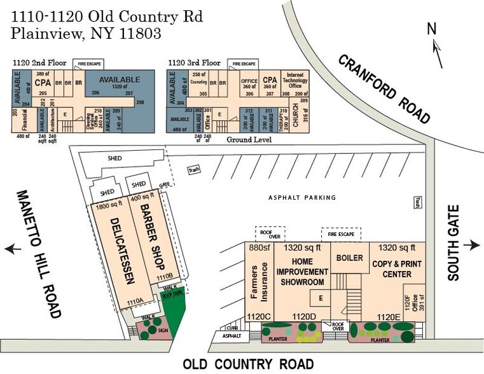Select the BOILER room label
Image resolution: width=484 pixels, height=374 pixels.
(x=350, y=258)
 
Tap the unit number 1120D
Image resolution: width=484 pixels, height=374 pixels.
(x=303, y=316)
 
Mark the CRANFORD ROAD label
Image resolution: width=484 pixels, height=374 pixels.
(x=385, y=88)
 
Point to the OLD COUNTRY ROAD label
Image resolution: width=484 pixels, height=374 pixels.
(x=248, y=364)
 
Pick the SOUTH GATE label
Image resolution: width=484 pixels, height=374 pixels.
(x=453, y=246)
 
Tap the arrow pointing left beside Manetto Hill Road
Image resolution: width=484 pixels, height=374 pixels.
(x=12, y=248)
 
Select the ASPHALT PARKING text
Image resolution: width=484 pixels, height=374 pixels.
(x=301, y=198)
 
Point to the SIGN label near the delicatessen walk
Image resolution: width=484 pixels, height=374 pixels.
(x=163, y=331)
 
